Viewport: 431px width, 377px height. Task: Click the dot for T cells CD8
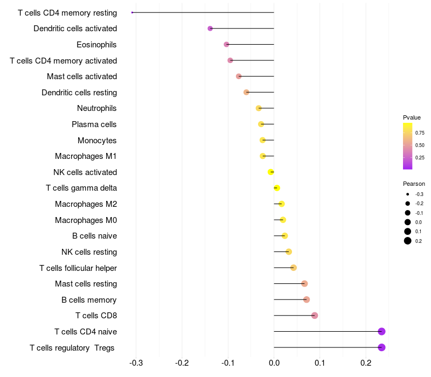[315, 316]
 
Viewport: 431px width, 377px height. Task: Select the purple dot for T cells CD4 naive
[381, 331]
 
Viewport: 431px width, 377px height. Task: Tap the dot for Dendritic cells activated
[210, 29]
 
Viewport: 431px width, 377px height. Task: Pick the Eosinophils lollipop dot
[226, 44]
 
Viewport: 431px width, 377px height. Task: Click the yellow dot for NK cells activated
[271, 172]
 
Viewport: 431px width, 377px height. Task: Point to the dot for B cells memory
[307, 299]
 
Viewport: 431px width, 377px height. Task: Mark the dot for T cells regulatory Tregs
[381, 347]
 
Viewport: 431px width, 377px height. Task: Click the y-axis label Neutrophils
[97, 108]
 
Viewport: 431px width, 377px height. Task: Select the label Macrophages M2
[86, 204]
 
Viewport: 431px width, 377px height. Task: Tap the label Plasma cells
[94, 124]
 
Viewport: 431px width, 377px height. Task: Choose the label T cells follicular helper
[78, 268]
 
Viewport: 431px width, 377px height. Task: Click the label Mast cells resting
[86, 284]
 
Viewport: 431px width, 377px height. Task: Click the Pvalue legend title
[412, 117]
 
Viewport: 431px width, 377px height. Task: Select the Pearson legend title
[414, 184]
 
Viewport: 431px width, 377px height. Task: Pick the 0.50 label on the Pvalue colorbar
[420, 145]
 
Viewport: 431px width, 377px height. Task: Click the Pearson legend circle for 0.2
[408, 241]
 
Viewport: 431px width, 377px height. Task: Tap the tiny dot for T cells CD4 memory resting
[132, 12]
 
